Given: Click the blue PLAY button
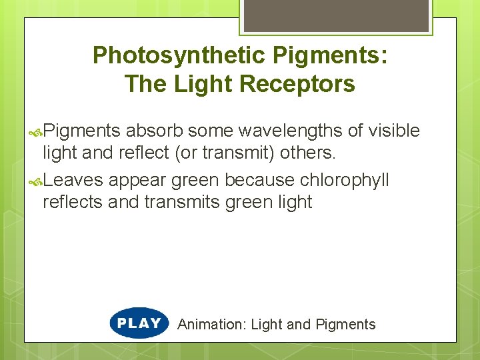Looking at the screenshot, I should pyautogui.click(x=139, y=323).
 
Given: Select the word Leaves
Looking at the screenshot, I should pyautogui.click(x=73, y=180).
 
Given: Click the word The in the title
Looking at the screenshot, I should pyautogui.click(x=144, y=84).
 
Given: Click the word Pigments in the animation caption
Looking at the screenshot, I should pyautogui.click(x=345, y=325).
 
